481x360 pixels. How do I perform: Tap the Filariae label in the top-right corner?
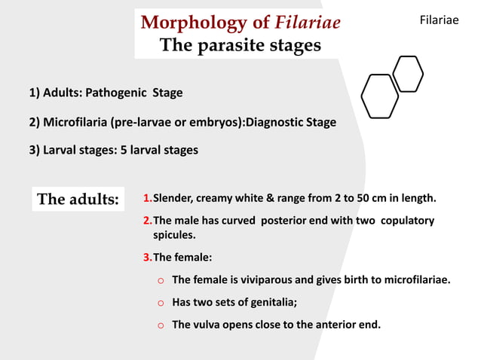pyautogui.click(x=438, y=20)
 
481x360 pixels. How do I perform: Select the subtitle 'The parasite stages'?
pyautogui.click(x=240, y=46)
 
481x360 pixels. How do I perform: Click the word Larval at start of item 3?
pyautogui.click(x=61, y=150)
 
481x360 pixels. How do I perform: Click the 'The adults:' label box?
pyautogui.click(x=78, y=200)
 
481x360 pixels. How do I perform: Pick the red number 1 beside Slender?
pyautogui.click(x=146, y=199)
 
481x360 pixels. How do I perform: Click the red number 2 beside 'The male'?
pyautogui.click(x=146, y=221)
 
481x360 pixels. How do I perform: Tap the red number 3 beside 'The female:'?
pyautogui.click(x=146, y=258)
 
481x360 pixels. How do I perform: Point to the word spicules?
pyautogui.click(x=175, y=236)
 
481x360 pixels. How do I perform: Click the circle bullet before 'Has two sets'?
pyautogui.click(x=160, y=304)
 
